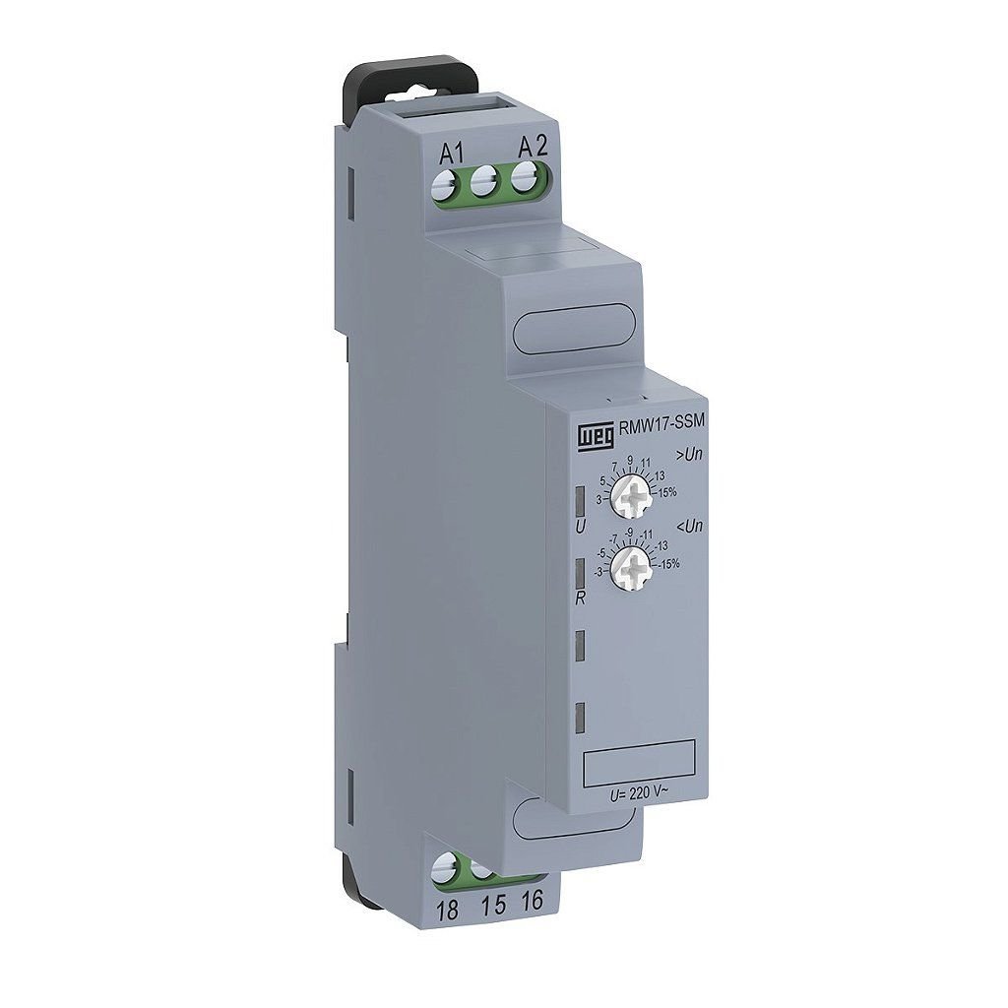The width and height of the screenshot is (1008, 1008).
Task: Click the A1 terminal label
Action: point(451,154)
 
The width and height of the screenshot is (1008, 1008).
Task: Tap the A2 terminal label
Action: point(533,148)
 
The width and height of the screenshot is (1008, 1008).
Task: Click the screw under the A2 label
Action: point(526,177)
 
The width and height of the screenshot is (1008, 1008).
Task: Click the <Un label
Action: point(689,527)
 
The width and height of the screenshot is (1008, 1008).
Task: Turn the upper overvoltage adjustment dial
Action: point(631,496)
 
